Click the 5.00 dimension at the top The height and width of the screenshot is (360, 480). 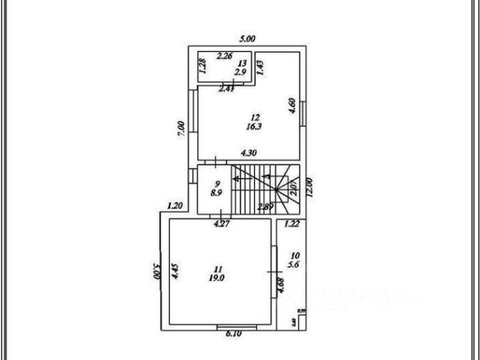(247, 39)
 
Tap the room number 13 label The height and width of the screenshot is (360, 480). (241, 63)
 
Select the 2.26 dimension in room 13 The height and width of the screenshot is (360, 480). (224, 55)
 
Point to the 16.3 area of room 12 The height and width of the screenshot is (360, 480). (255, 127)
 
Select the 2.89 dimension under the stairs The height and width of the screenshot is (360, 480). (264, 206)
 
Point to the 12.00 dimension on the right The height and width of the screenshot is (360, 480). (308, 184)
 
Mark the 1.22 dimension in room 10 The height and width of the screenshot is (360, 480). (292, 223)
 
